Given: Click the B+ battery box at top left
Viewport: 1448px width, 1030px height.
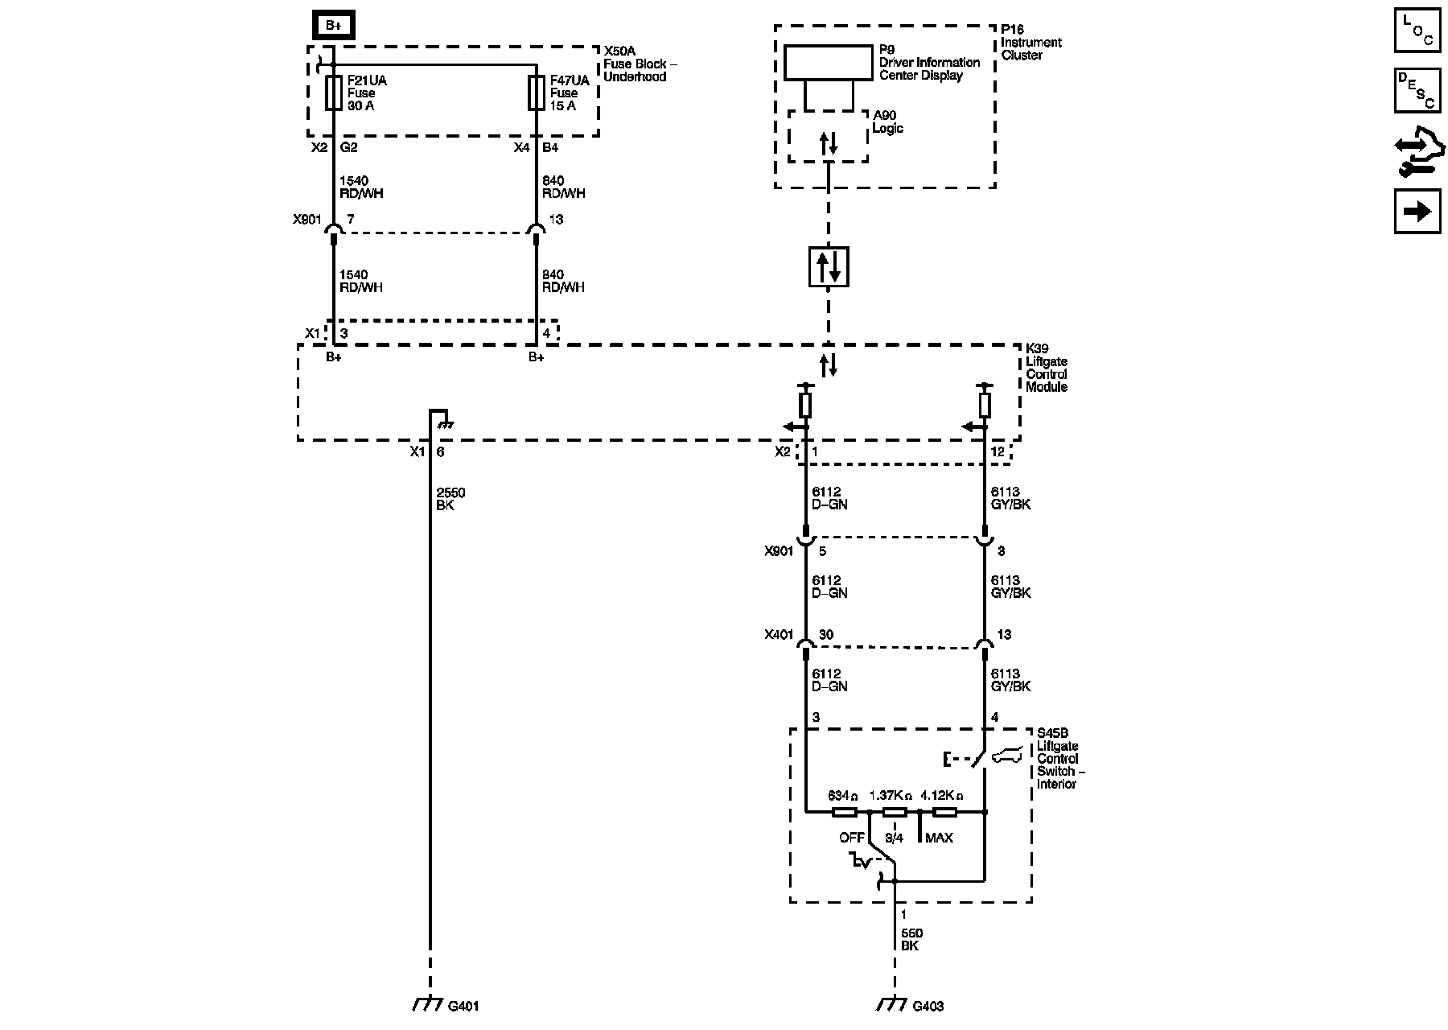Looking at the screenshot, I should (333, 26).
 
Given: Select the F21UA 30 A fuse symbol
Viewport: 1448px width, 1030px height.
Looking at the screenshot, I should (333, 93).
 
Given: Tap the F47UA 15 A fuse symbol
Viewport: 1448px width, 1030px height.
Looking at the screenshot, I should (536, 93).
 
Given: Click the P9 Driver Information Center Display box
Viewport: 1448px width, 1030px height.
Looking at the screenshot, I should (828, 63).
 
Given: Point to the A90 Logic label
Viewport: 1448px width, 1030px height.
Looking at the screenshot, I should (888, 122).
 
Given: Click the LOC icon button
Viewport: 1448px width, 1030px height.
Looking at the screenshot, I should (1417, 30).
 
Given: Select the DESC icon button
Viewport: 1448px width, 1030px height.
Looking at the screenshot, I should (1417, 89).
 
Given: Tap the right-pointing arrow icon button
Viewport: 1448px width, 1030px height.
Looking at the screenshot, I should (1417, 211).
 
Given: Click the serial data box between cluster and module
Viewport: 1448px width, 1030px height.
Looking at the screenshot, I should (828, 266).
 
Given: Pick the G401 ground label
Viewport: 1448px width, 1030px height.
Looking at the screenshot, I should (463, 1006).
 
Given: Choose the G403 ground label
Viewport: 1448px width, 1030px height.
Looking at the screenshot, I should (928, 1006).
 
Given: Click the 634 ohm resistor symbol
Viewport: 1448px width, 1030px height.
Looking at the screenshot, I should (843, 812).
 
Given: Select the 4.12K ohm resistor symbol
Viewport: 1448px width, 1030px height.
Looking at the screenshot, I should (944, 812).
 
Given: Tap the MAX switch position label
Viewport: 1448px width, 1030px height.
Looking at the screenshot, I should (939, 838).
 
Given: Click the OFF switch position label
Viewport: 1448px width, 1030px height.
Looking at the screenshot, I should (851, 838).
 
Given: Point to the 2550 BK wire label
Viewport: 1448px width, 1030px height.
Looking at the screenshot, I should (450, 499).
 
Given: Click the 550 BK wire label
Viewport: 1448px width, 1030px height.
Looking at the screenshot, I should (911, 940).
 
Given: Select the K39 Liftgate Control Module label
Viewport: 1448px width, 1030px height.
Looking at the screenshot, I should (1047, 368).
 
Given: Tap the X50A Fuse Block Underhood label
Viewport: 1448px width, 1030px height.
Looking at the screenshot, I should (635, 64).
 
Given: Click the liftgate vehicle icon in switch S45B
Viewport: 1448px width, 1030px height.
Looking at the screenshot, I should (1009, 756).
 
